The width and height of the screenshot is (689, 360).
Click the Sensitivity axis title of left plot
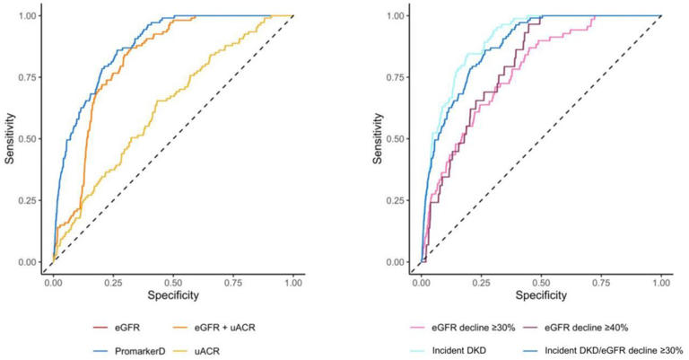pos(10,139)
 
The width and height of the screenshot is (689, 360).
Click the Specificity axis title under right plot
pos(541,294)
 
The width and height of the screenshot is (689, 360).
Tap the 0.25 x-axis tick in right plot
pos(482,280)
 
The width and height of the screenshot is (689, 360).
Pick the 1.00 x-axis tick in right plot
pos(660,280)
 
